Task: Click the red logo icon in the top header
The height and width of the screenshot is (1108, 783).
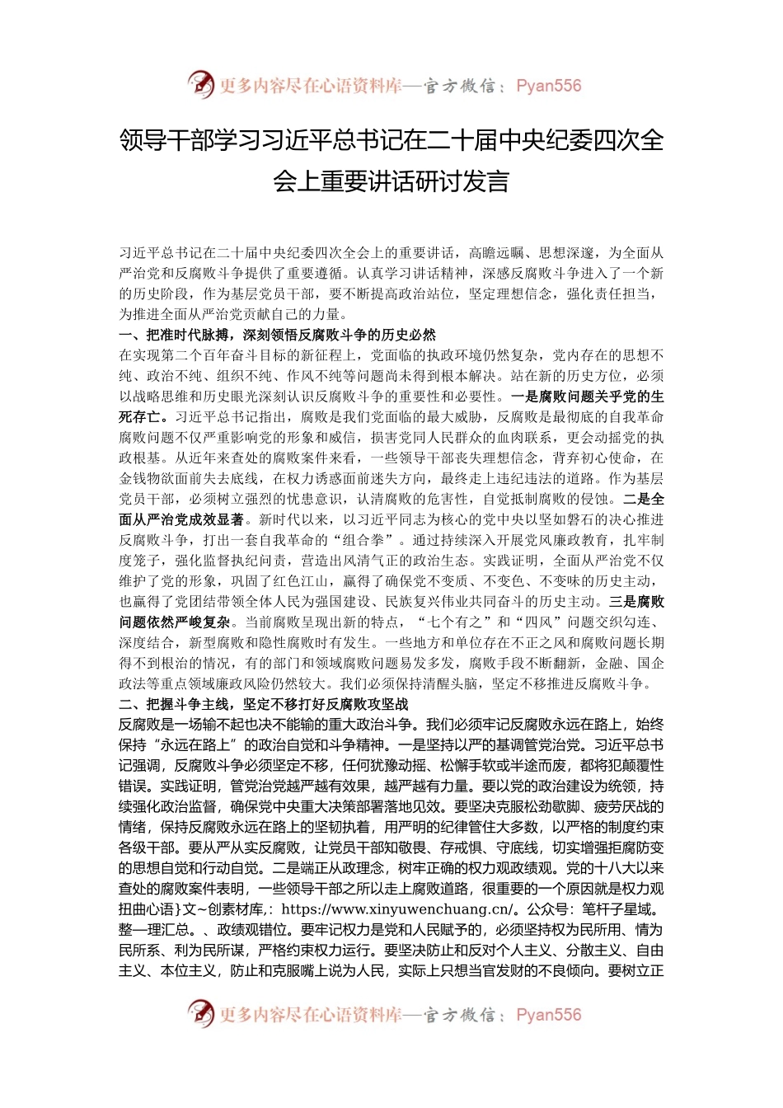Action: click(x=201, y=84)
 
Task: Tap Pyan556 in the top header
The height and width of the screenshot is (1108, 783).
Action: click(x=548, y=86)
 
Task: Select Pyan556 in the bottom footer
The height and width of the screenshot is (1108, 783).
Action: click(x=548, y=1015)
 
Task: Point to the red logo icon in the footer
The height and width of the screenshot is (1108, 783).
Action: click(x=201, y=1013)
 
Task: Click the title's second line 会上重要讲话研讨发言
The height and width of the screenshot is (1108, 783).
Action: click(x=391, y=181)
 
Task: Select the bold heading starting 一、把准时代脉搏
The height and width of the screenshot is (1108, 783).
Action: click(x=277, y=335)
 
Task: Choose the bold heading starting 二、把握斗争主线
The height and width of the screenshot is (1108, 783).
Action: click(x=263, y=704)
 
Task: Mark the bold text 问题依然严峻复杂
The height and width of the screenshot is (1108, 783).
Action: click(x=175, y=622)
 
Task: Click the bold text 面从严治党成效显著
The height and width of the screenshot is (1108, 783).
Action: click(x=182, y=519)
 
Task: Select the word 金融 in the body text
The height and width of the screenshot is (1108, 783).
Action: click(x=608, y=663)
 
